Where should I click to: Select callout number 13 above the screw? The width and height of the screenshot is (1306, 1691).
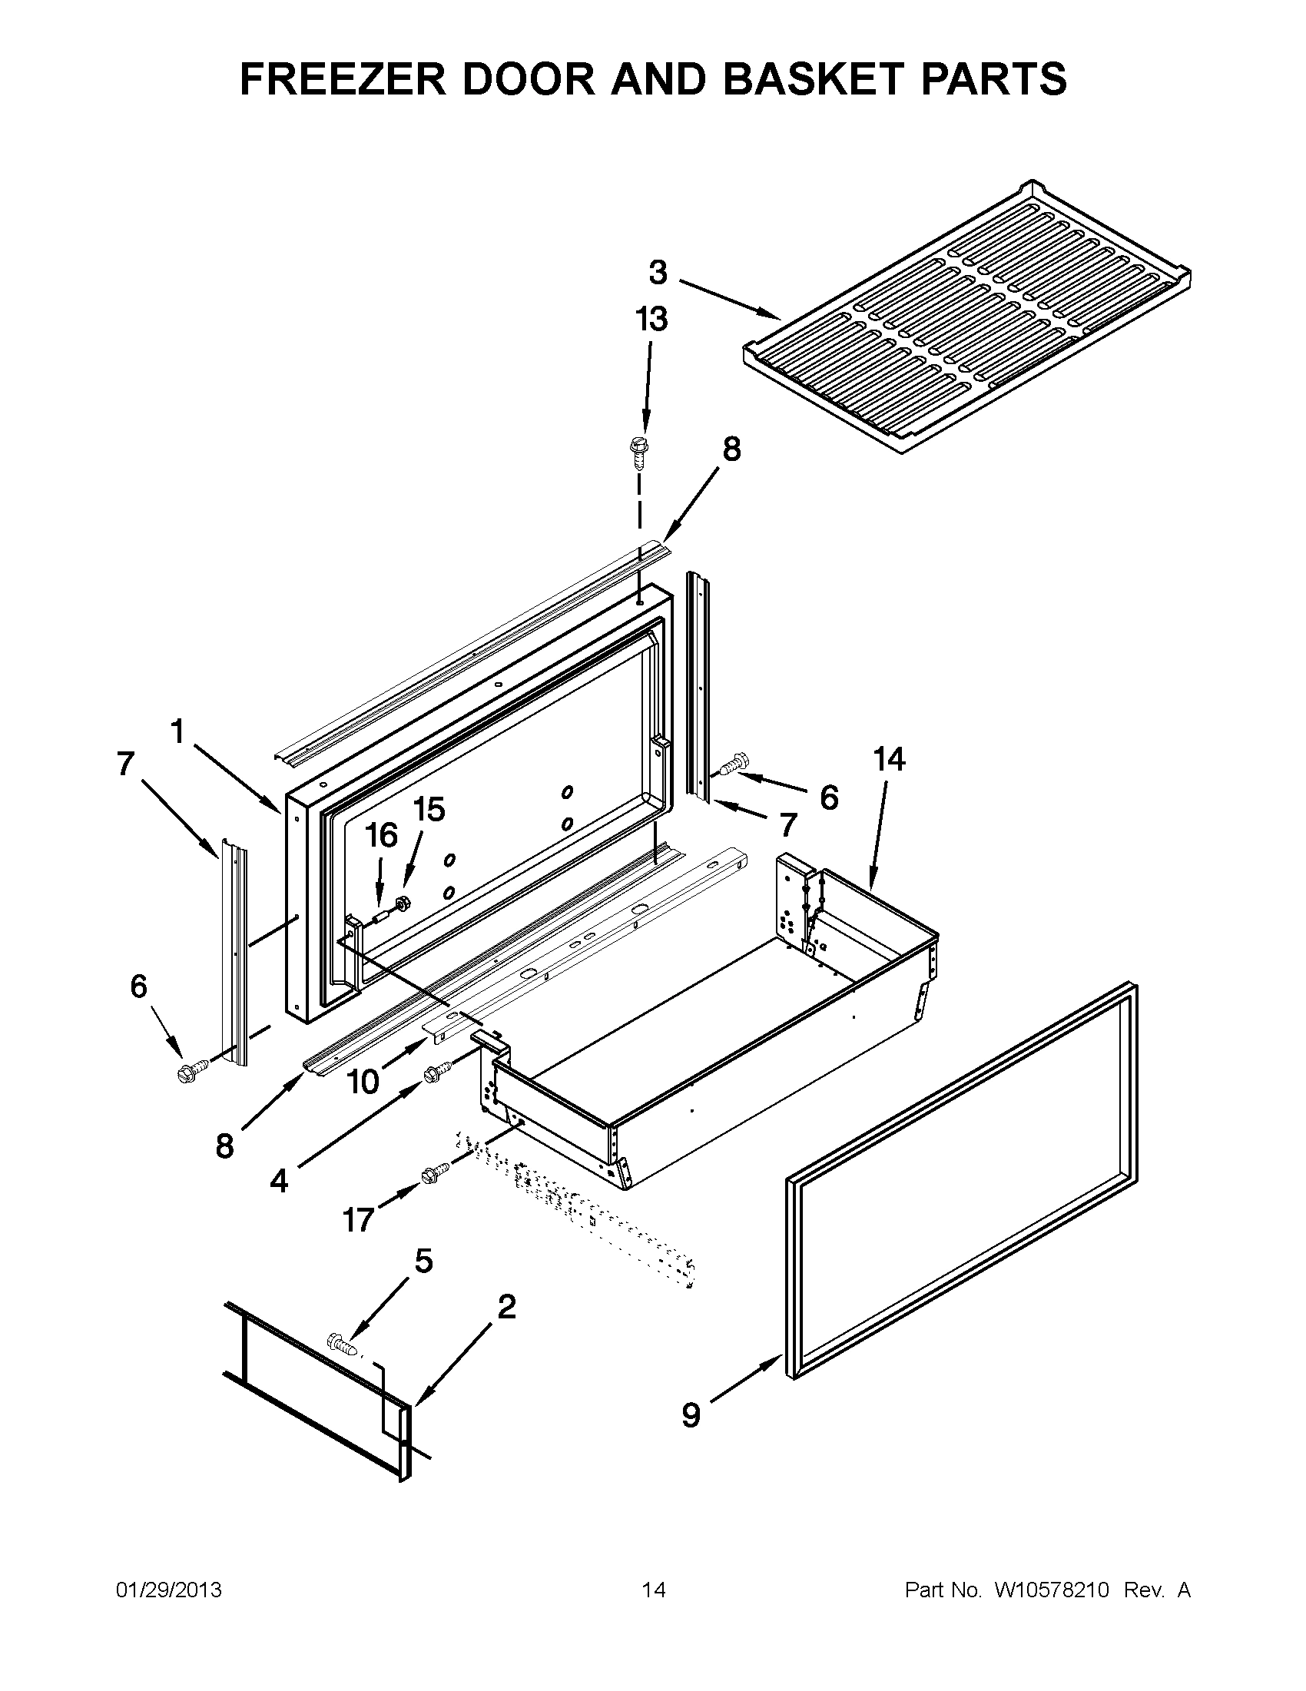tap(651, 319)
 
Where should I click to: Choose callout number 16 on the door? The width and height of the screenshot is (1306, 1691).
tap(382, 835)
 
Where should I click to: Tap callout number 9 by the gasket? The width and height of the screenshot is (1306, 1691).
tap(691, 1414)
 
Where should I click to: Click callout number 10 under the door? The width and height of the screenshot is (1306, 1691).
tap(363, 1082)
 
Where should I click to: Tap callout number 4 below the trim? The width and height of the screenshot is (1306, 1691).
tap(279, 1180)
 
